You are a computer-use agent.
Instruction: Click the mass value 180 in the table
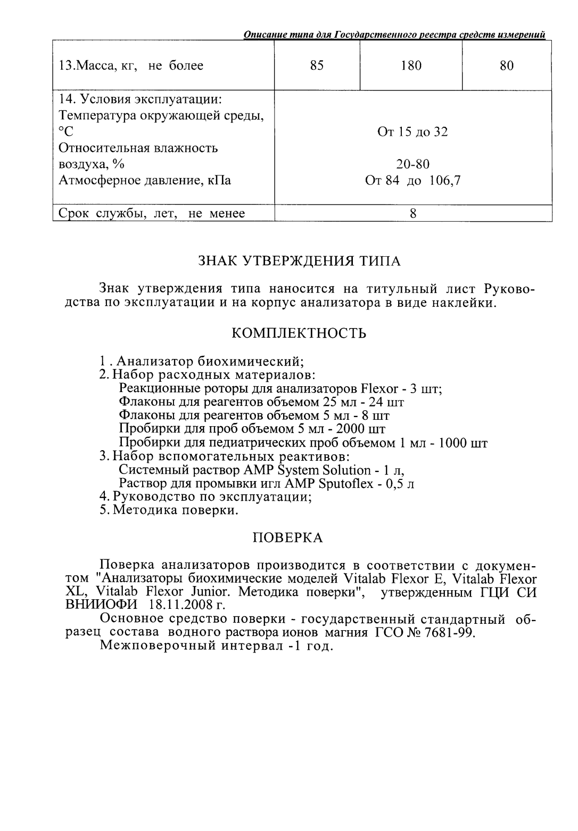point(411,66)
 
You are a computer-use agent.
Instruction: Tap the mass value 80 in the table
point(507,66)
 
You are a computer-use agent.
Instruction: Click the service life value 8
point(413,214)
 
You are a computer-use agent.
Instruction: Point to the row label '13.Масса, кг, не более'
point(131,66)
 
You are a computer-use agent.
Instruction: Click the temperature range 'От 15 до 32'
point(412,132)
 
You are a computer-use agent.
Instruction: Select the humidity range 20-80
point(412,164)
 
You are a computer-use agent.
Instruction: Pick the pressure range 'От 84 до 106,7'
point(412,181)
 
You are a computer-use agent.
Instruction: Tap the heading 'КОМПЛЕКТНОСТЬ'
point(299,333)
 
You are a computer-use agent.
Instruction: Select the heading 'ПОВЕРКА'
point(287,537)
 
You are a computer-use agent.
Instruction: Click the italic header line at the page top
point(394,35)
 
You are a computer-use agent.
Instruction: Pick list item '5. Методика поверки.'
point(169,510)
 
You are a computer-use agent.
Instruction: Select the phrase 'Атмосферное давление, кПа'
point(145,181)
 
